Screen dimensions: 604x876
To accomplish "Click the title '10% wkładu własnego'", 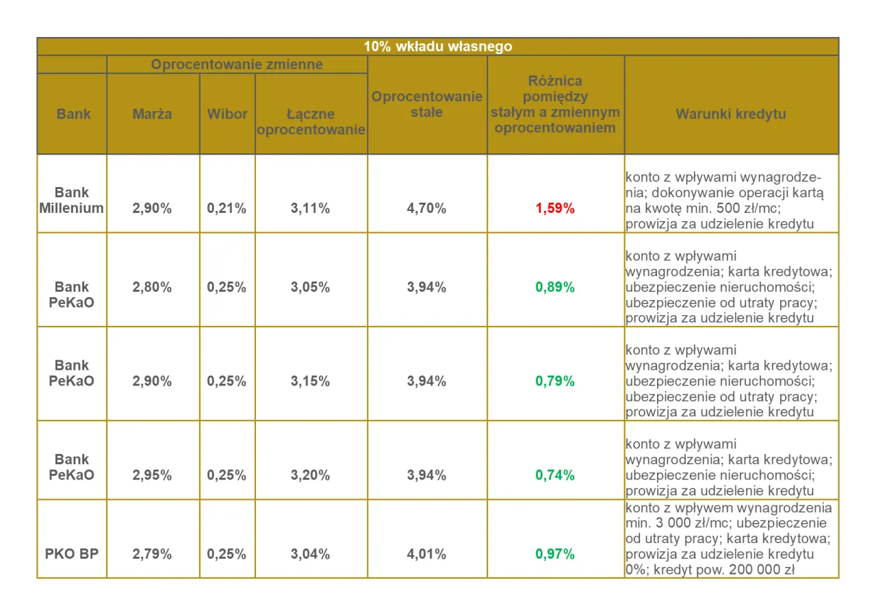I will (438, 47).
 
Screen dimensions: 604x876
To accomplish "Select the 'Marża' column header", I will (153, 114).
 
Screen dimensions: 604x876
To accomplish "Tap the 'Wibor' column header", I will (227, 114).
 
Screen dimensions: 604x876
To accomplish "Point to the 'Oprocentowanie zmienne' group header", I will (237, 65).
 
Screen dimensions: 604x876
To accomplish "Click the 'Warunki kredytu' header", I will (731, 114).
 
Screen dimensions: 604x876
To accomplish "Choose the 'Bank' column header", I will (73, 114).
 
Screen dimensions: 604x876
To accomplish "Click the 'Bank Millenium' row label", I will (72, 200).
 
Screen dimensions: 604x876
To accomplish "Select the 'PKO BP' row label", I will (72, 553).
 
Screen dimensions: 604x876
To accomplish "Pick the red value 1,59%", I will (555, 208).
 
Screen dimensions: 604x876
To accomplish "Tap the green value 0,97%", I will (555, 553).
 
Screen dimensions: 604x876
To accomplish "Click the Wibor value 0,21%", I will (227, 208).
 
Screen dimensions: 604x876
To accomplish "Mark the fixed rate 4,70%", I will (426, 208).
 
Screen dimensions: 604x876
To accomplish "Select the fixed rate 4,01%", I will (426, 553).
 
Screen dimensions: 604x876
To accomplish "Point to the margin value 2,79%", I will (152, 553).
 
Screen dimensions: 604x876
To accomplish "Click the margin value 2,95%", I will (152, 475).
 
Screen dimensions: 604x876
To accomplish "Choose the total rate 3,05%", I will (310, 287).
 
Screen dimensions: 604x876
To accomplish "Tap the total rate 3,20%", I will (310, 475).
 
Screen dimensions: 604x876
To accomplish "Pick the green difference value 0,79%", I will (555, 381).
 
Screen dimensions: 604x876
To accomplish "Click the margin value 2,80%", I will (152, 287).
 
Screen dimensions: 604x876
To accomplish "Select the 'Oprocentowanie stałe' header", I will (427, 104).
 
